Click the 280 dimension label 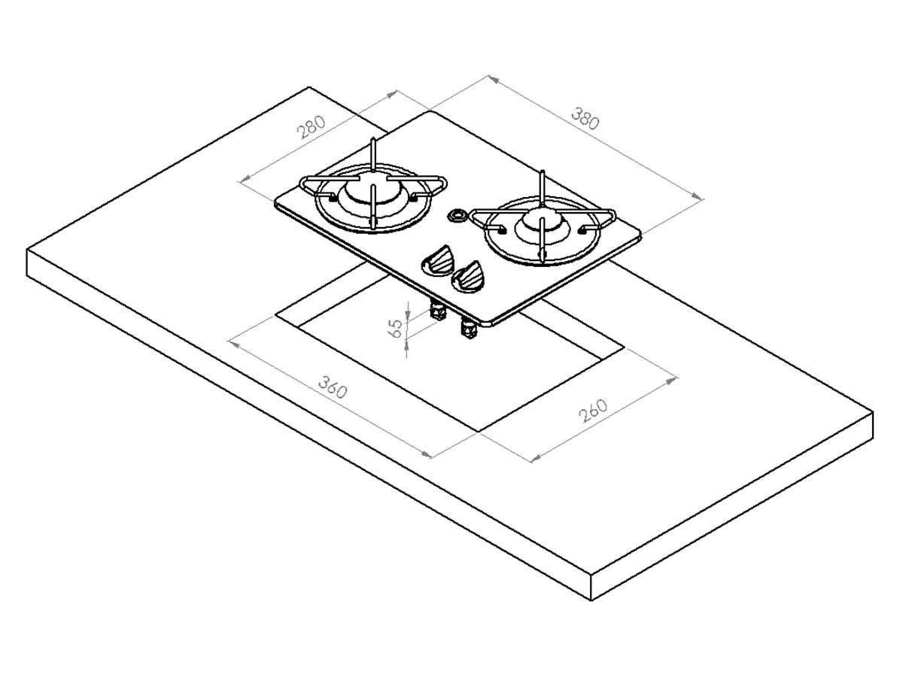(x=311, y=126)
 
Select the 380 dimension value (x=585, y=118)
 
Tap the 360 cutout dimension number (x=333, y=387)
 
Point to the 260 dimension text (x=593, y=411)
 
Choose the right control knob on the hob (x=468, y=276)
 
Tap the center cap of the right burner (x=543, y=223)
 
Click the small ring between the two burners (x=457, y=215)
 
